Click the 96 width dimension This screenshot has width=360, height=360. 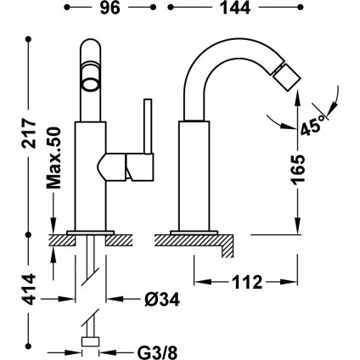pyautogui.click(x=110, y=8)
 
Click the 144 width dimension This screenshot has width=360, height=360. pyautogui.click(x=235, y=8)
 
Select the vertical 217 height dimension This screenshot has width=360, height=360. pyautogui.click(x=29, y=133)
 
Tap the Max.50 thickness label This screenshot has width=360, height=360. pyautogui.click(x=53, y=158)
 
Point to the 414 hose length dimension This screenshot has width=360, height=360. pyautogui.click(x=29, y=290)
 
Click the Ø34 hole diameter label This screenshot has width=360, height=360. pyautogui.click(x=162, y=299)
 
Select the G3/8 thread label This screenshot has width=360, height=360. pyautogui.click(x=157, y=353)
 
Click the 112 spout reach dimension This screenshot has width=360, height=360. pyautogui.click(x=247, y=282)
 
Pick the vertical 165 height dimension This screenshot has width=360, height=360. pyautogui.click(x=298, y=170)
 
